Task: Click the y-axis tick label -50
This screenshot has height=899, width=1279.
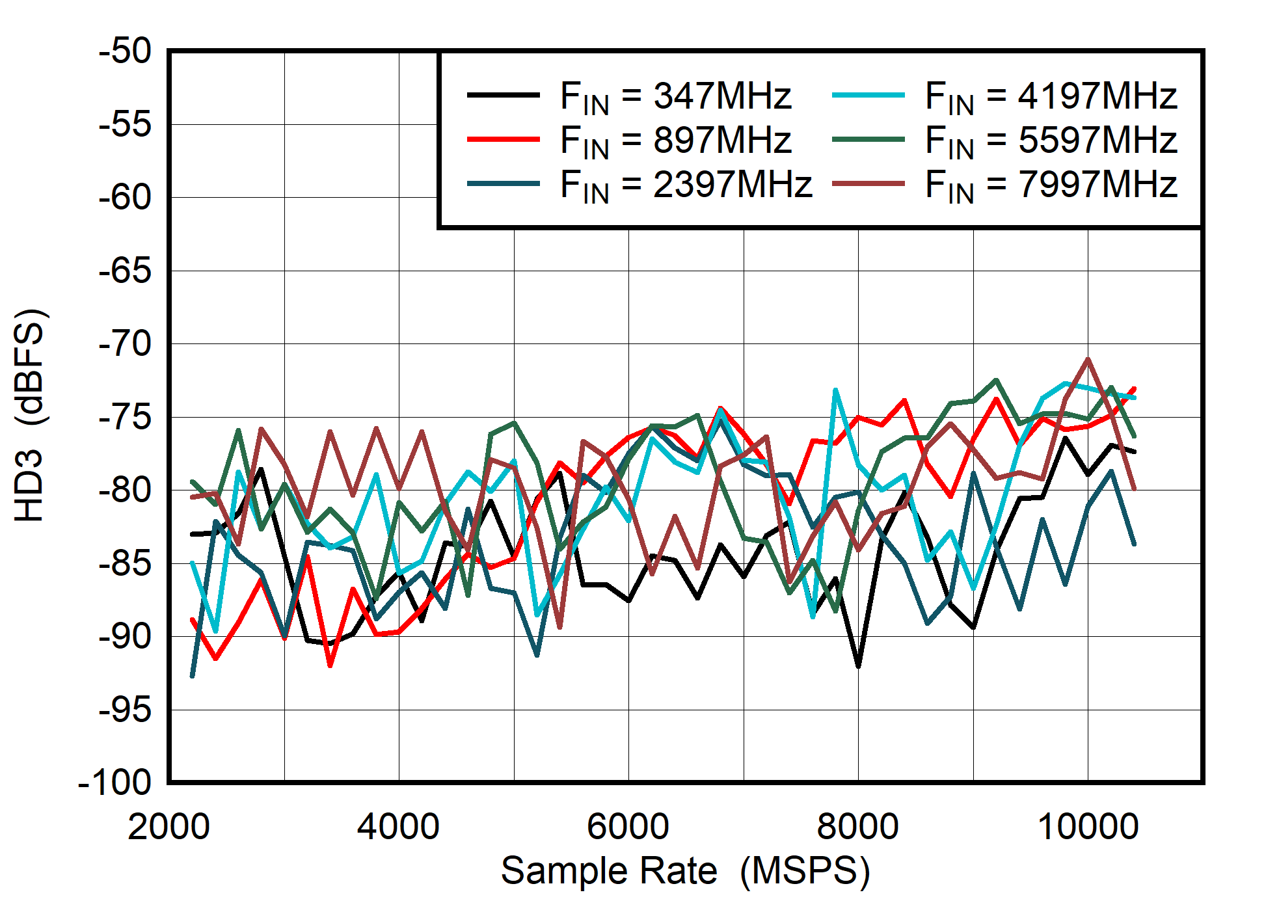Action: pyautogui.click(x=125, y=51)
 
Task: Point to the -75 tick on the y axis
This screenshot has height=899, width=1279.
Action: pyautogui.click(x=125, y=417)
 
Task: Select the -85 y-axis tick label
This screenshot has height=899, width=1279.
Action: pyautogui.click(x=125, y=563)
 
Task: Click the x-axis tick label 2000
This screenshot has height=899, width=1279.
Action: pyautogui.click(x=168, y=827)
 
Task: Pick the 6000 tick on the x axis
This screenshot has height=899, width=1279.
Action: pyautogui.click(x=628, y=827)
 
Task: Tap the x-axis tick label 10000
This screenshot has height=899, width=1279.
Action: pyautogui.click(x=1088, y=827)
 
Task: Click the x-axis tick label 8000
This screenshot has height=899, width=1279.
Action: pyautogui.click(x=857, y=827)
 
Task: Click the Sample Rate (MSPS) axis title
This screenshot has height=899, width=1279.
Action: pyautogui.click(x=685, y=871)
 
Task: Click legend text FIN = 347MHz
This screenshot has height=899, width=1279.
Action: pyautogui.click(x=675, y=96)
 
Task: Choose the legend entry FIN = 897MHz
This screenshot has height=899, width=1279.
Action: pyautogui.click(x=675, y=141)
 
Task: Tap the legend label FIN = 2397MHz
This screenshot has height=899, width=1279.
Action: pyautogui.click(x=686, y=184)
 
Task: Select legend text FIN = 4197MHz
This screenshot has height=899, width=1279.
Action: pyautogui.click(x=1051, y=96)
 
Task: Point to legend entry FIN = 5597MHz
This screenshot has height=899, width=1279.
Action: pyautogui.click(x=1051, y=141)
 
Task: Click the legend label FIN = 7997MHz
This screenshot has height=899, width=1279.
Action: pyautogui.click(x=1051, y=184)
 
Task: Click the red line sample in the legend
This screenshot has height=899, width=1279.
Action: pyautogui.click(x=504, y=139)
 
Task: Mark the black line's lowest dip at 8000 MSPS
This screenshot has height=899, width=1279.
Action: pyautogui.click(x=858, y=666)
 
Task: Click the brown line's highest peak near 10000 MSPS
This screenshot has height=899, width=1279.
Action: pyautogui.click(x=1088, y=359)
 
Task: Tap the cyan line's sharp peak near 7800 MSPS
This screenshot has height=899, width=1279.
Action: pyautogui.click(x=835, y=390)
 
